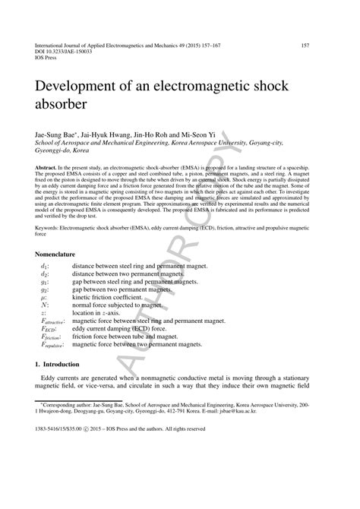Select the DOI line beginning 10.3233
64,52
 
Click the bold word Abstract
49,165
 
